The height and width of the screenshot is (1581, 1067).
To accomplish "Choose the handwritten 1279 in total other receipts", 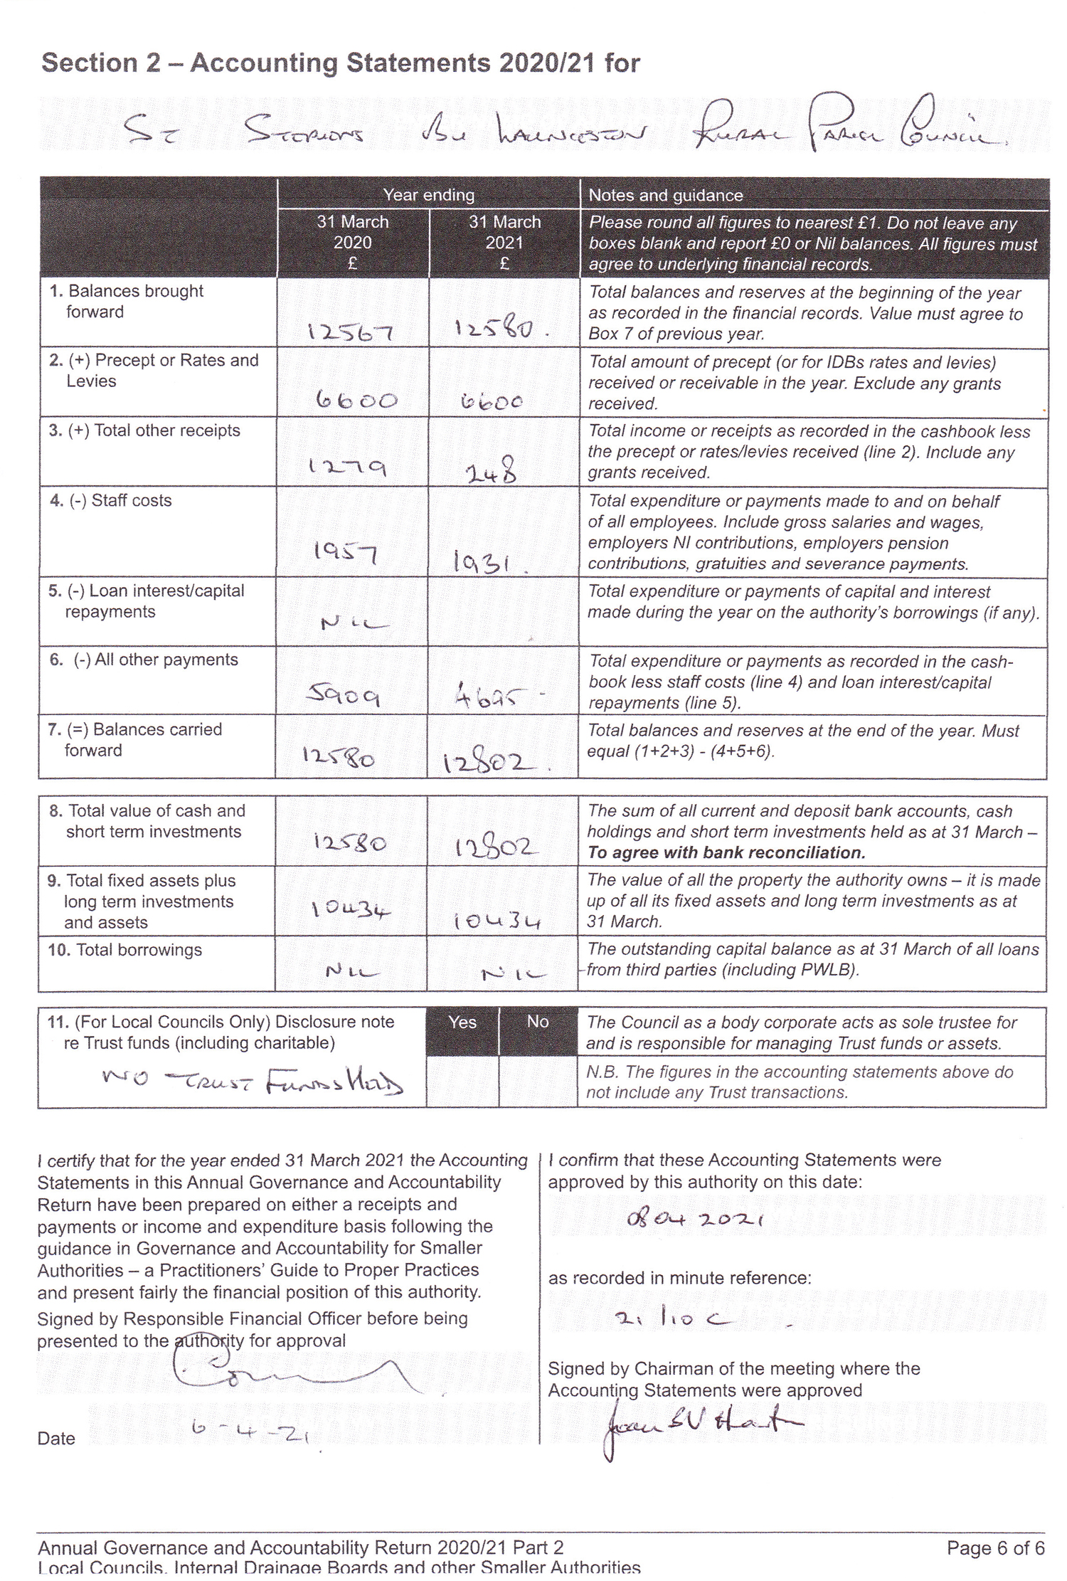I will tap(347, 467).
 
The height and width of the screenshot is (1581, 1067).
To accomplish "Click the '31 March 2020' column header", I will tap(353, 242).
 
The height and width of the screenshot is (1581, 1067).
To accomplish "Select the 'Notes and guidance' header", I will tap(666, 195).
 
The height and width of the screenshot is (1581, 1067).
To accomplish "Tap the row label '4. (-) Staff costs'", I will tap(110, 501).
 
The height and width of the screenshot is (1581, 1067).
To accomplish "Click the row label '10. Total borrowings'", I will tap(125, 950).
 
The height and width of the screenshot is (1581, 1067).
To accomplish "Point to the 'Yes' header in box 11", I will tap(462, 1022).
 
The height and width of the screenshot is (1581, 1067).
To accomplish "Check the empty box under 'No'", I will tap(538, 1081).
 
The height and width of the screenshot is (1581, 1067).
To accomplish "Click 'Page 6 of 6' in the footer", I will tap(995, 1548).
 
